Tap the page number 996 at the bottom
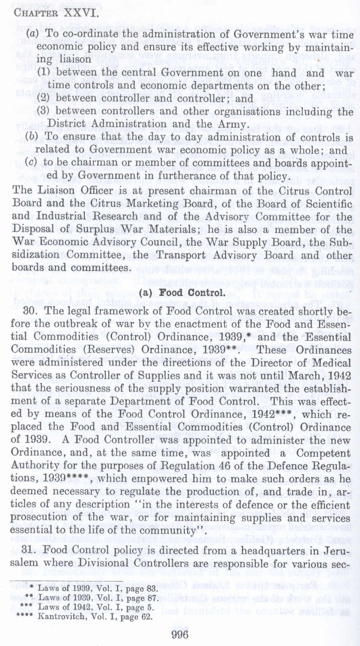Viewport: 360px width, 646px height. [x=179, y=634]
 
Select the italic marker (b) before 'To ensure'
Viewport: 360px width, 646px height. [x=31, y=137]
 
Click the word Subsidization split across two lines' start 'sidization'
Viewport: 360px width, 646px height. [x=36, y=255]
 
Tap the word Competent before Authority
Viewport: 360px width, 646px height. [x=321, y=453]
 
